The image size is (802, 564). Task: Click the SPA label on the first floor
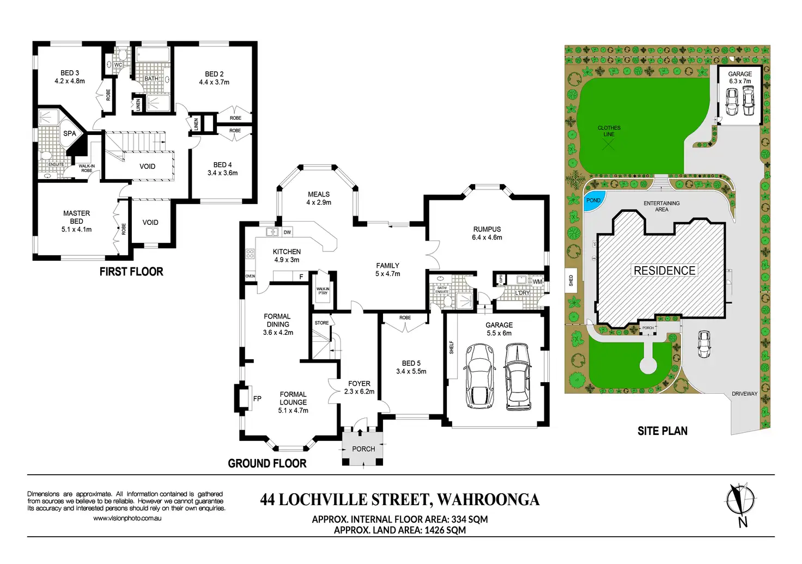[70, 133]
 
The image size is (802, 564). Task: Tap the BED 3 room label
[70, 73]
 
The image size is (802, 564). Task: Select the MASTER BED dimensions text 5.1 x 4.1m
[76, 230]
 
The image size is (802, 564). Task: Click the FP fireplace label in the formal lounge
[257, 399]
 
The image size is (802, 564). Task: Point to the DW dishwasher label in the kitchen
[287, 232]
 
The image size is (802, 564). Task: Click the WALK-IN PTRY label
[323, 291]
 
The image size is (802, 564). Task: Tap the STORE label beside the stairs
[321, 323]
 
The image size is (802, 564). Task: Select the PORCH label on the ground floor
[363, 449]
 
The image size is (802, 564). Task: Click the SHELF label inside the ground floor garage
[452, 347]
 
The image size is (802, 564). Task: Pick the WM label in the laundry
[537, 282]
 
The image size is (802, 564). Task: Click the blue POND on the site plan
[594, 200]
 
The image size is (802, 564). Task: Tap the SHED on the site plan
[571, 281]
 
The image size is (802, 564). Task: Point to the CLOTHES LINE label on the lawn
[609, 131]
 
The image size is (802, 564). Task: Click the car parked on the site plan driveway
[704, 344]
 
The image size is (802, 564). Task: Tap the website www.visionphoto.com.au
[127, 518]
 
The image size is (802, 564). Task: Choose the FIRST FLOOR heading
[131, 272]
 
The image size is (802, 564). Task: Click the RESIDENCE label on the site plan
[664, 271]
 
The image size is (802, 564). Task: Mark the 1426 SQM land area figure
[445, 530]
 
